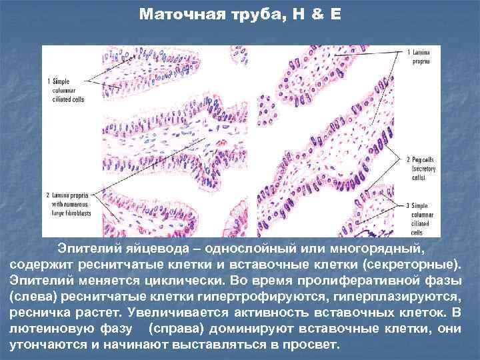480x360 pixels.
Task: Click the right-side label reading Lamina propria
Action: (421, 56)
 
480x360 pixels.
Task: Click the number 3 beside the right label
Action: (407, 205)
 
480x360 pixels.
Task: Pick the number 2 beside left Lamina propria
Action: (47, 194)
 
